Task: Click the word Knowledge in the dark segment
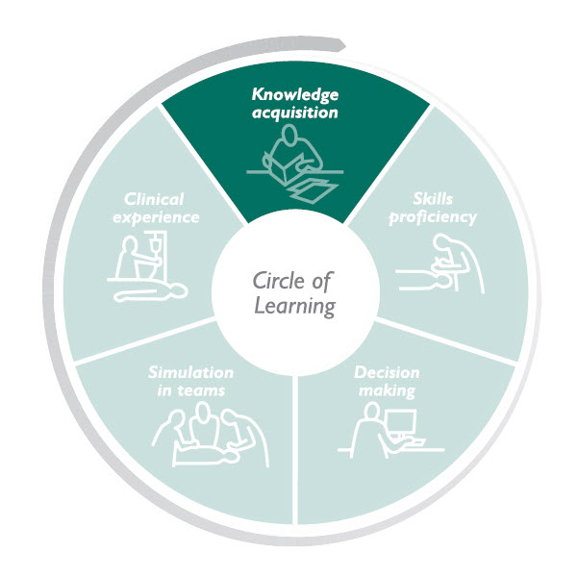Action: point(294,94)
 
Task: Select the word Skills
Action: point(433,198)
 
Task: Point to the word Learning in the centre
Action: point(294,307)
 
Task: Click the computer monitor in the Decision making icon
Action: point(401,423)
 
